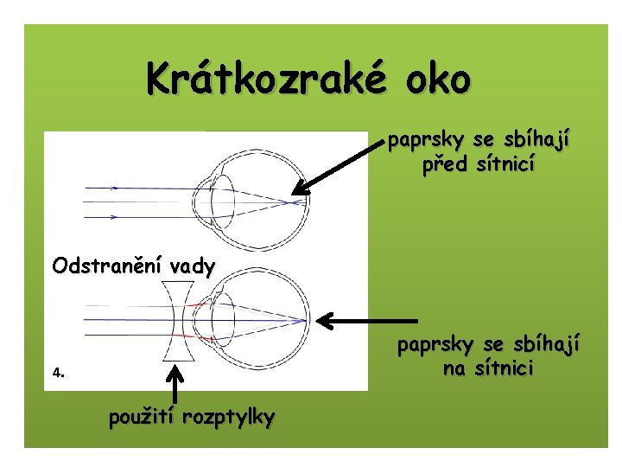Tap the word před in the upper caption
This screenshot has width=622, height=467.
click(x=443, y=163)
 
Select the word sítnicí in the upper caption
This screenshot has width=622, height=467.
click(x=503, y=163)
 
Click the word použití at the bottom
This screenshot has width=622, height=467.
click(x=143, y=418)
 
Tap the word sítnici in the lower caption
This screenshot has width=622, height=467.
click(x=503, y=369)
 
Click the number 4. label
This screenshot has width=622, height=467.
click(x=58, y=374)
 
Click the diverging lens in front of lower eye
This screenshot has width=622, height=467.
click(x=180, y=322)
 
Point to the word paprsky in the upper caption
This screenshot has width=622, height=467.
click(x=422, y=140)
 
